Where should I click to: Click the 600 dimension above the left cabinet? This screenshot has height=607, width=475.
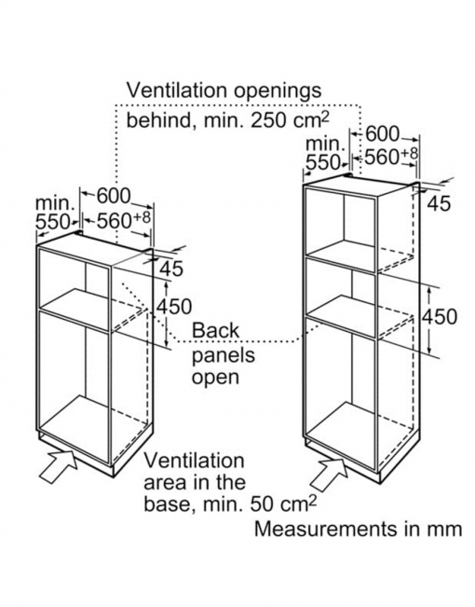[x=114, y=196]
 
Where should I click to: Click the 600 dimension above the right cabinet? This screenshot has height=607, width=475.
[x=382, y=134]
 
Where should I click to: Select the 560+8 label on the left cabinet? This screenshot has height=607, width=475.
[x=123, y=221]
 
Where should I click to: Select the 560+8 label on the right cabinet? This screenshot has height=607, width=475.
[x=391, y=157]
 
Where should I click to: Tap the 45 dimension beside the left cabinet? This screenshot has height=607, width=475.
[x=171, y=269]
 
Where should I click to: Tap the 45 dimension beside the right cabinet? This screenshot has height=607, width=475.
[x=439, y=203]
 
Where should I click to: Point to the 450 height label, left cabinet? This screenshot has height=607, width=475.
[x=173, y=307]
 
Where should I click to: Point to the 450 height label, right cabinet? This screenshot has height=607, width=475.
[x=439, y=316]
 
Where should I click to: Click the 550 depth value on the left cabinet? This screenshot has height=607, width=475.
[x=52, y=222]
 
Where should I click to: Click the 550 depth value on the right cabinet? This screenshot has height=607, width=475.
[x=322, y=162]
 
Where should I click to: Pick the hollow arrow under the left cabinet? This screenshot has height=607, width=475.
[x=58, y=465]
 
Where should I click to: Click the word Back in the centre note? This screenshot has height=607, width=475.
[x=215, y=331]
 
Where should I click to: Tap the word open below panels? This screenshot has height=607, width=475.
[x=215, y=378]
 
